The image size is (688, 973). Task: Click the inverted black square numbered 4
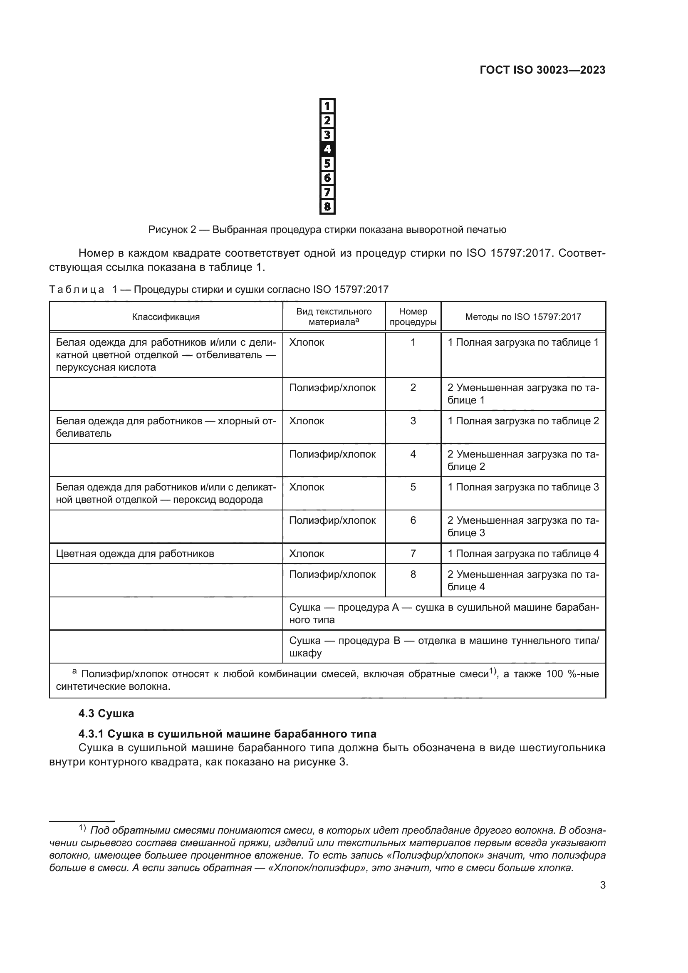pos(327,149)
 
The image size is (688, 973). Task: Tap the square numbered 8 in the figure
pos(327,207)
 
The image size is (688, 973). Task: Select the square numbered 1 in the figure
pos(327,106)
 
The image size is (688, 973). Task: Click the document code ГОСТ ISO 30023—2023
pos(542,70)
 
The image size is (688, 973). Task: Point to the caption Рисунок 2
pos(327,230)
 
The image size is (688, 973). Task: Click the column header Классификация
pos(166,317)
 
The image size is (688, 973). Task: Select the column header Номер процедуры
pos(413,317)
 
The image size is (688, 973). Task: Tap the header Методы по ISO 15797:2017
pos(523,317)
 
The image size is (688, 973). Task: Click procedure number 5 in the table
pos(413,487)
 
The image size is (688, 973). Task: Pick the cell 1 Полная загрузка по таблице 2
pos(523,421)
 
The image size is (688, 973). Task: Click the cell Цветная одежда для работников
pos(135,553)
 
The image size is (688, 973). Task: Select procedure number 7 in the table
pos(413,553)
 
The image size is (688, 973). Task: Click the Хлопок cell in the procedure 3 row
pos(307,421)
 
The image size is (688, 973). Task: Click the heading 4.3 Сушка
pos(106,714)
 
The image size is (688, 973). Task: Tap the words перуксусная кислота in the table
pos(106,367)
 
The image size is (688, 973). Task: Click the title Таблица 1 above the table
pos(219,290)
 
